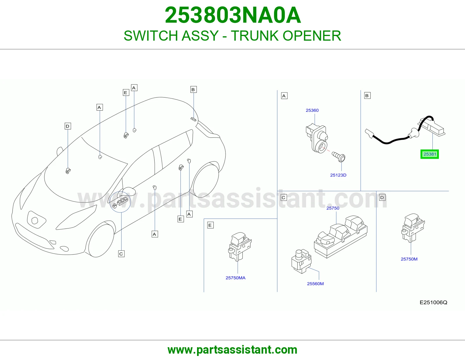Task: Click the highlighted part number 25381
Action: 430,154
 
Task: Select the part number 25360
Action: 312,110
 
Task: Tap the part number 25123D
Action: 338,175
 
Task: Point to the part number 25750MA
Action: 235,278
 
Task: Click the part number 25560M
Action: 315,284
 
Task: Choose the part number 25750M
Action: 409,259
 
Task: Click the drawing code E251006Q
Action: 433,303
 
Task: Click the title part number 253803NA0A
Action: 233,15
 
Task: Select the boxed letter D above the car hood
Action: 68,126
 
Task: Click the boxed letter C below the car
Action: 121,254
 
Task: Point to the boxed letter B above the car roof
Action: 194,89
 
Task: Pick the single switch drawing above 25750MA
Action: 240,247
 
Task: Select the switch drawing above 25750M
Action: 413,228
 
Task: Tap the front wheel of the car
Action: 100,240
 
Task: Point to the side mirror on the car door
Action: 128,191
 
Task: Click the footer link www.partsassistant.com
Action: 233,350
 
